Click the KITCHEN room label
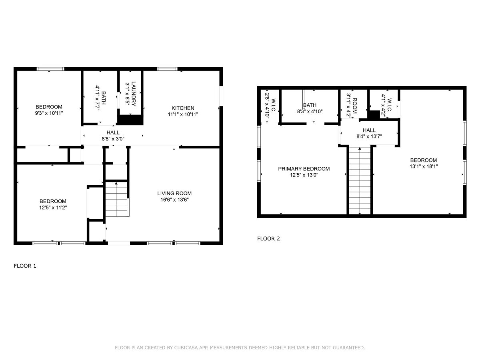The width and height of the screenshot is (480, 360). pos(182,108)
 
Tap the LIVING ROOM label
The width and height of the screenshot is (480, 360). pos(174,194)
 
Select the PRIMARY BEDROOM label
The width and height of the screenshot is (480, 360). pos(304,169)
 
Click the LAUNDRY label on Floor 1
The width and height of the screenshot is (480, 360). pos(133,94)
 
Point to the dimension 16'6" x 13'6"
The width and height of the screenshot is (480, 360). pos(174,200)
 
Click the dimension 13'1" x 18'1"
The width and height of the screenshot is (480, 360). pos(424,166)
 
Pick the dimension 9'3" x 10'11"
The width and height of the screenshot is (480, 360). pos(49,113)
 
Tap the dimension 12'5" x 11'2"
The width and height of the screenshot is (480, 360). pos(53,208)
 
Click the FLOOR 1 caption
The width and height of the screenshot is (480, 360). pos(25,266)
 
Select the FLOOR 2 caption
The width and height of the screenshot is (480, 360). pos(268,239)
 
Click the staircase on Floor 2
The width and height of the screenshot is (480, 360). pos(360,180)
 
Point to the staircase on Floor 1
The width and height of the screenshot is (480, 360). pos(117,199)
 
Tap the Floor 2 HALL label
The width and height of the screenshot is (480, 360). pos(369,130)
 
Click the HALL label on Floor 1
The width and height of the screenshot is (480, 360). pos(113,132)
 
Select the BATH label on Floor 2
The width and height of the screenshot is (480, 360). pos(310,105)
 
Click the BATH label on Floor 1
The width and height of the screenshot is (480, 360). pos(104,98)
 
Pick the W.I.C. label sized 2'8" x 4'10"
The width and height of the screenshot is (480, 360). pos(273,106)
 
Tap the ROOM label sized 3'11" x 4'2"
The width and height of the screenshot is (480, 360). pos(355,106)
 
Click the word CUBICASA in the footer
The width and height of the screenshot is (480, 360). pos(186,348)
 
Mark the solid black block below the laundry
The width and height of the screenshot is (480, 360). pos(130,120)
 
